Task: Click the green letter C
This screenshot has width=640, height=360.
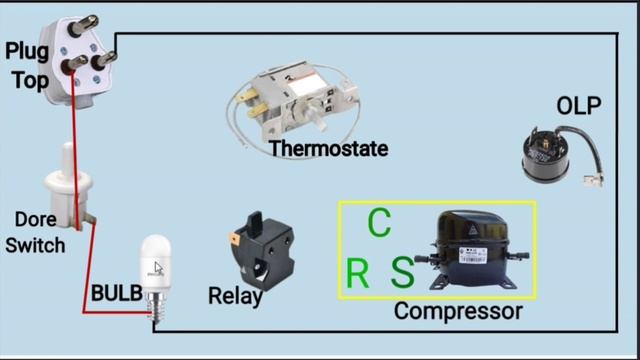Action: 378,223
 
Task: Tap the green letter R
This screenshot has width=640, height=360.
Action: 357,273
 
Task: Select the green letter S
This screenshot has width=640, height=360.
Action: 402,272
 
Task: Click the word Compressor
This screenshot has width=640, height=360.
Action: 458,311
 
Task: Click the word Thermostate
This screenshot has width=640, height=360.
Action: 328,149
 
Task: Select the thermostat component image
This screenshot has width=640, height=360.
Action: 295,100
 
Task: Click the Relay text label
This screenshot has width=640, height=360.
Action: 235,296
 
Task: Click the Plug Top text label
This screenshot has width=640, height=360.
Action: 27,66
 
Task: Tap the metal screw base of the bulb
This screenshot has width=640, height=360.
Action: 155,300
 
